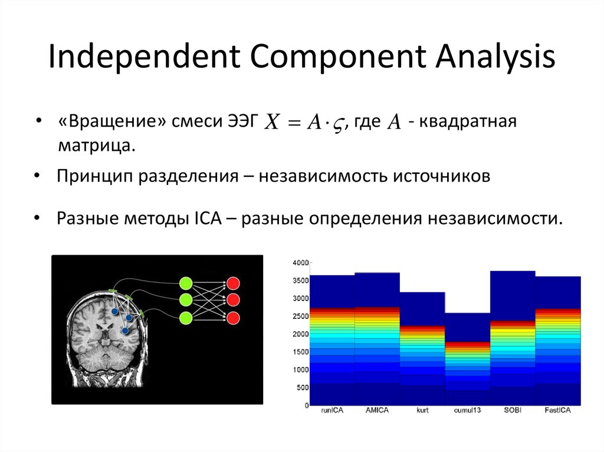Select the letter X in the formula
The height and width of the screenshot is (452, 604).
[272, 123]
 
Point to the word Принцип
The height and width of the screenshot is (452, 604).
[95, 177]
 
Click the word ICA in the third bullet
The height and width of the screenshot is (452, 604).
[206, 219]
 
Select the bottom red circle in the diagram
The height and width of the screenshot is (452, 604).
[233, 318]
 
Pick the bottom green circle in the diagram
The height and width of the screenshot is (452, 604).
[186, 318]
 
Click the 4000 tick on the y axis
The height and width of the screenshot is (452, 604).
[301, 262]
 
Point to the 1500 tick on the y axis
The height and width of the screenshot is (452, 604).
[301, 352]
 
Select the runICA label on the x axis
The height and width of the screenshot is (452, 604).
[332, 410]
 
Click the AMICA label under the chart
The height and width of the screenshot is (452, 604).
[377, 410]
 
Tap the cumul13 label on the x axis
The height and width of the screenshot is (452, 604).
[468, 410]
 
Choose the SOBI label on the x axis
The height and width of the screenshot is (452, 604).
[513, 410]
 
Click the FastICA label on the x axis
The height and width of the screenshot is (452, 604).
[557, 410]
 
